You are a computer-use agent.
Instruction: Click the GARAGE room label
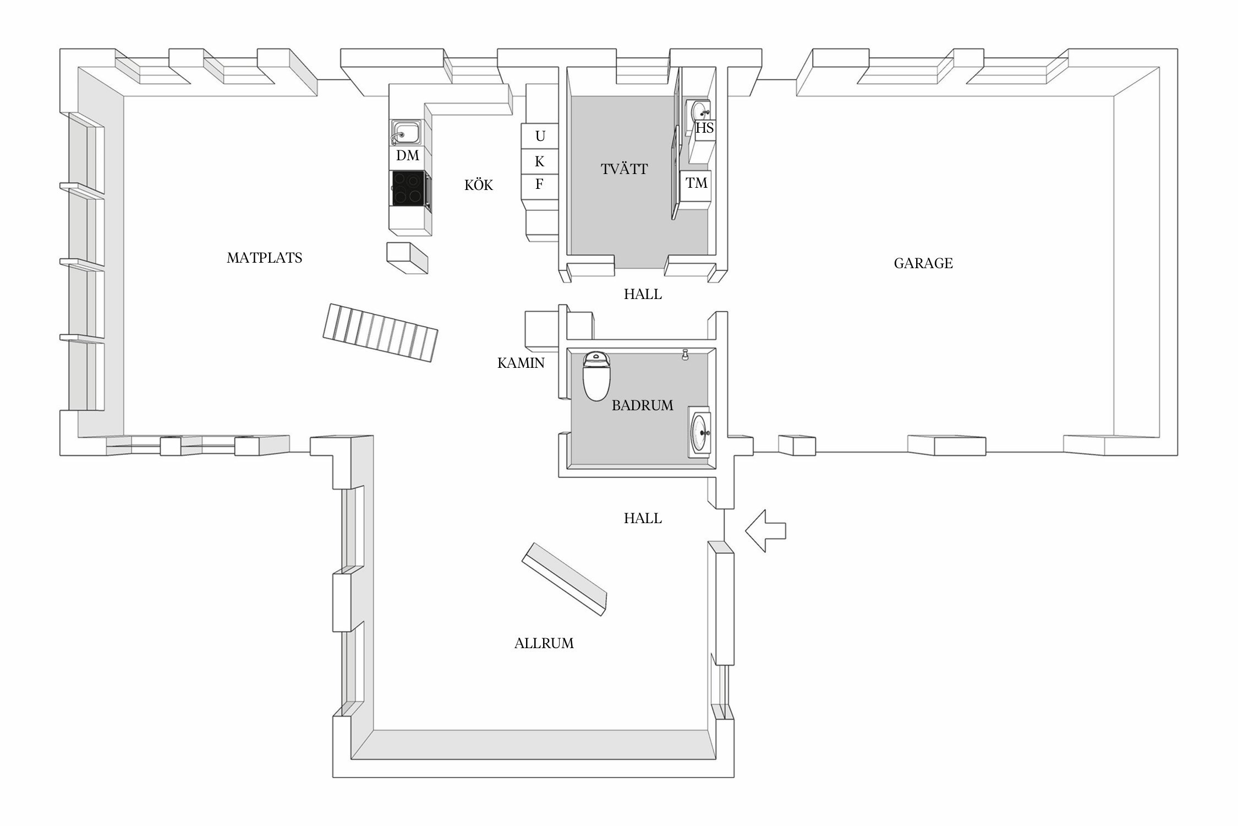coord(923,263)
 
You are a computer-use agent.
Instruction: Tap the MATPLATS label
coord(264,258)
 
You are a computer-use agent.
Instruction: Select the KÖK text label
coord(479,184)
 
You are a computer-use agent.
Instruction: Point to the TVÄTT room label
coord(624,169)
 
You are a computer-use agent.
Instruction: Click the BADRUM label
coord(642,405)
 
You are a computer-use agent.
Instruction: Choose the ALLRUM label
coord(544,643)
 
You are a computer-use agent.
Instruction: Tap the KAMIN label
coord(521,363)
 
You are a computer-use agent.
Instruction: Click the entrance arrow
coord(765,530)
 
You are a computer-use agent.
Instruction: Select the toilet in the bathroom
coord(596,376)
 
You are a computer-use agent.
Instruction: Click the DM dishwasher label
coord(408,156)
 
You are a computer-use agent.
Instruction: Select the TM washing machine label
coord(697,183)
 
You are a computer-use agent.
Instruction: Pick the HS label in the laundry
coord(705,128)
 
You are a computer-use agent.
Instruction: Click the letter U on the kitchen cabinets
coord(540,136)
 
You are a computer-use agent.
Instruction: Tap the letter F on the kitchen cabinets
coord(539,184)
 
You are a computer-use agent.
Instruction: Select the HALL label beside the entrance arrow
coord(643,518)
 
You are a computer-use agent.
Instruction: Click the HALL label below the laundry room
coord(643,294)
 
